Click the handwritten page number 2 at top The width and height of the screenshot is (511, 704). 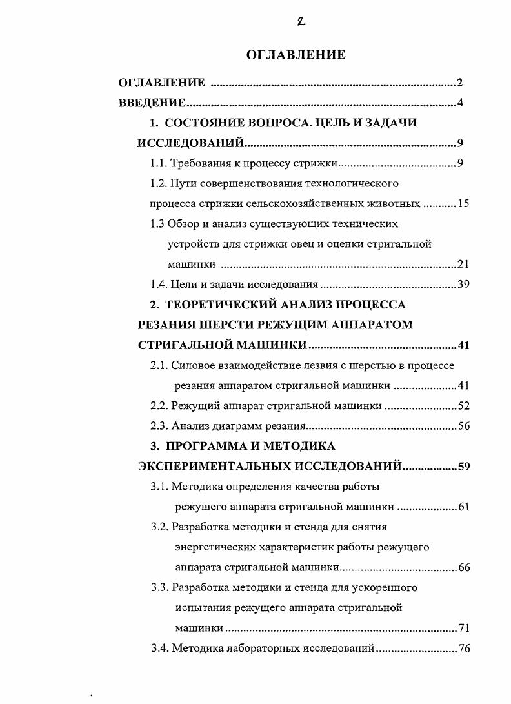(x=301, y=21)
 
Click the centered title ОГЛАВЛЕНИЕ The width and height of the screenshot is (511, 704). (x=296, y=55)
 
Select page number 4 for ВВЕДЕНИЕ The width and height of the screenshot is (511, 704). (x=460, y=103)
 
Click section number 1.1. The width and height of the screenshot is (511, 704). (x=159, y=163)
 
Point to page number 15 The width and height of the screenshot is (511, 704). (x=463, y=204)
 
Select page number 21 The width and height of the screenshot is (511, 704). (x=463, y=264)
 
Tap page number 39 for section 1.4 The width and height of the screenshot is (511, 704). (x=463, y=285)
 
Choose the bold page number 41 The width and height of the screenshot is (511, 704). (x=463, y=345)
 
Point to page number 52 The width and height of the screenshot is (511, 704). (x=463, y=406)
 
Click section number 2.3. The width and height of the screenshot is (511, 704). (x=159, y=426)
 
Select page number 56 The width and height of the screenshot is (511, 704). (x=463, y=426)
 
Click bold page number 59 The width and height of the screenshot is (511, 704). (x=463, y=467)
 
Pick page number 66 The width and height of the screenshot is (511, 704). (x=463, y=568)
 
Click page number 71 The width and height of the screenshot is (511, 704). (x=463, y=628)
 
